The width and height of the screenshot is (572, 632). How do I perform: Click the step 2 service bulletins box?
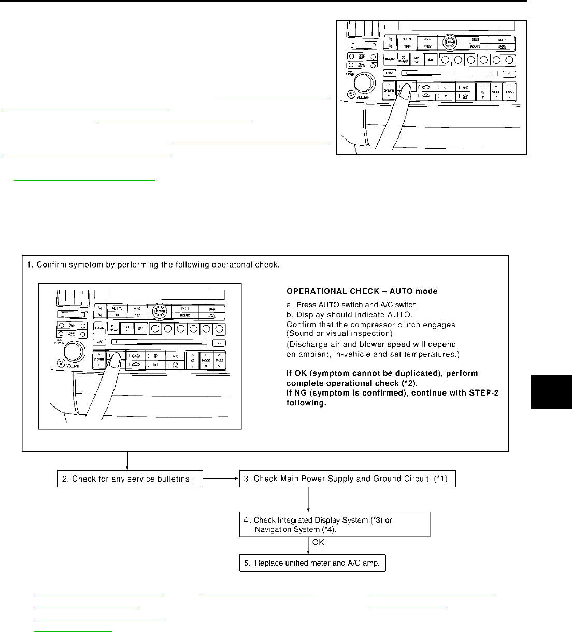point(130,479)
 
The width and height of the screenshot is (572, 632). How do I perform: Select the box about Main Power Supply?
point(347,479)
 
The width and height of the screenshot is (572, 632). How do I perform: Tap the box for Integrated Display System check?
point(335,524)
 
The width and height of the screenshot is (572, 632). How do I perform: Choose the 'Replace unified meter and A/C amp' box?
point(312,563)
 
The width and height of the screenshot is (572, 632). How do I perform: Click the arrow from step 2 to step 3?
point(221,479)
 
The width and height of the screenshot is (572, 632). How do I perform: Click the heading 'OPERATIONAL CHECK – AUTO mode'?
point(362,292)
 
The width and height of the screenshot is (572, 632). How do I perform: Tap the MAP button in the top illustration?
point(502,39)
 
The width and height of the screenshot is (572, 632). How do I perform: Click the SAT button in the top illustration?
point(431,60)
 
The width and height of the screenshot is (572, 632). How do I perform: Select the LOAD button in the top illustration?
point(390,73)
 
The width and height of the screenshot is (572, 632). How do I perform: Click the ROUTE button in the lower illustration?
point(185,315)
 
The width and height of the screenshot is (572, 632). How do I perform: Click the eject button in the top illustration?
point(509,74)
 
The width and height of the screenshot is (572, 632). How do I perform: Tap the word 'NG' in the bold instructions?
point(299,393)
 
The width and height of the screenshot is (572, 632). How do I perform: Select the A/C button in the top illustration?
point(465,87)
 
